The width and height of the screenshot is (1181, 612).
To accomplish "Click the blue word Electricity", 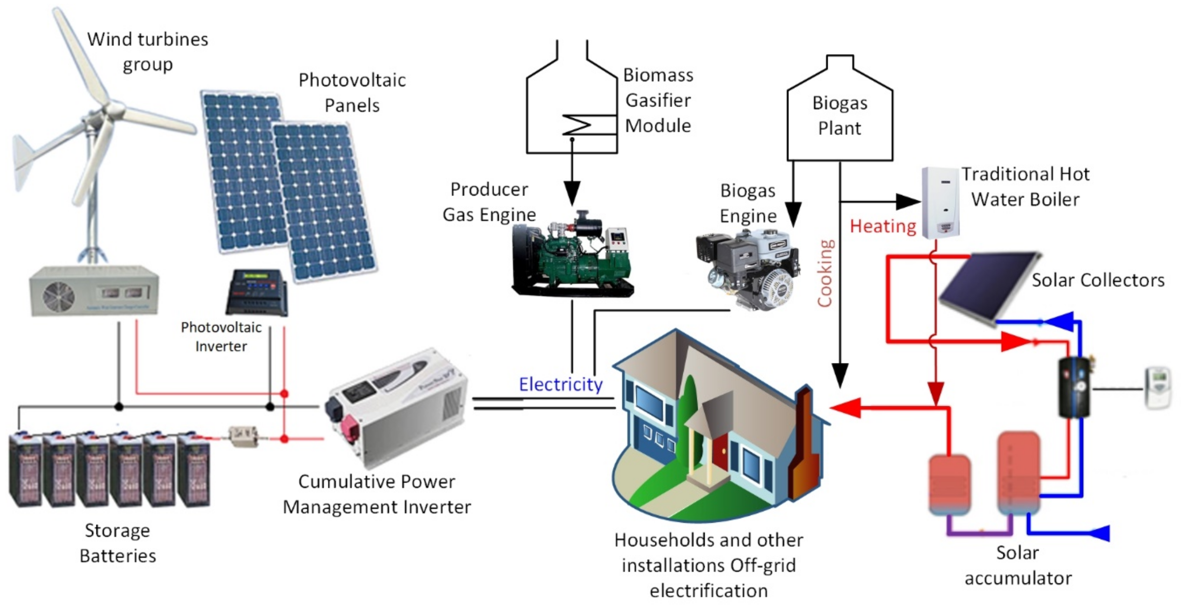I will pos(560,384).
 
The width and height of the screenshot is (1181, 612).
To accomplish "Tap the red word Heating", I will pos(883,226).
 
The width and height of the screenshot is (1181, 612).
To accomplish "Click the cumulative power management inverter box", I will pos(397,408).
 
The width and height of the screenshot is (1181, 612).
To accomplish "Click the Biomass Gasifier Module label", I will pos(658,100).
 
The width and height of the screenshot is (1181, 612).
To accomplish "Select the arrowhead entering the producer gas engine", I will pos(572,192).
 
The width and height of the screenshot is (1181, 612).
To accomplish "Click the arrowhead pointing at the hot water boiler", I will pos(908,201).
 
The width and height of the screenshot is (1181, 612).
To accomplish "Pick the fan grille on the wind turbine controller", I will pos(59,296).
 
